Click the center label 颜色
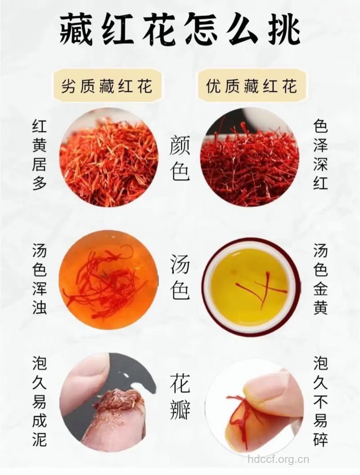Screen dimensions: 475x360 tap(180, 158)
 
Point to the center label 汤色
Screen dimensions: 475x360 tap(180, 278)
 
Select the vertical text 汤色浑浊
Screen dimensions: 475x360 tap(40, 279)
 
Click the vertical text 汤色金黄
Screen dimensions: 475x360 tap(320, 279)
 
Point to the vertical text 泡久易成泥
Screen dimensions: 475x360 tap(40, 401)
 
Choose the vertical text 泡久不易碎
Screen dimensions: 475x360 tap(320, 401)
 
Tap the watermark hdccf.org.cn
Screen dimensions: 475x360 tap(279, 460)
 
